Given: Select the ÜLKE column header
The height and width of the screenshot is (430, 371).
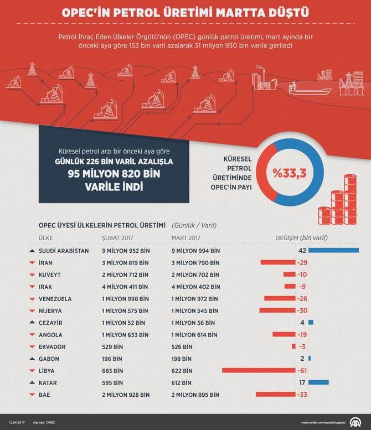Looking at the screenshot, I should point(45,238).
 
